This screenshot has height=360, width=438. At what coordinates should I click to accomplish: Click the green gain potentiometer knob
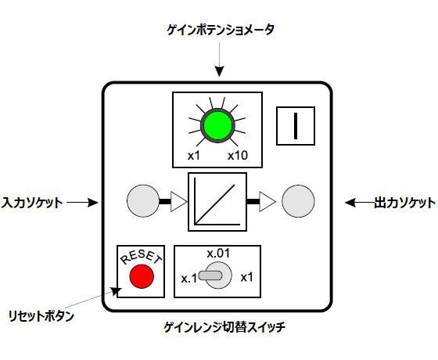coord(217,125)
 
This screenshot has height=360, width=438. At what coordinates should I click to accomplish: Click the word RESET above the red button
coord(141,257)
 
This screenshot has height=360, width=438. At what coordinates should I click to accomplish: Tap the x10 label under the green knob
coord(238,156)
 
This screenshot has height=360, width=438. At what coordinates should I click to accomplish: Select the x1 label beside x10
coord(194,156)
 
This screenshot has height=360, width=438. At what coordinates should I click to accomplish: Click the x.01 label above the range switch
coord(218,254)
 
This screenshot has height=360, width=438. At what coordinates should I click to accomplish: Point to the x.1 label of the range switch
coord(188,279)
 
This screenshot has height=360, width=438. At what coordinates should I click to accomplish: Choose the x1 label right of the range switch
coord(246,278)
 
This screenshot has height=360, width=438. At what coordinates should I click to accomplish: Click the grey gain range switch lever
coord(210,275)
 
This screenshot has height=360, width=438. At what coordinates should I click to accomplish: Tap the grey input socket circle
coord(143,201)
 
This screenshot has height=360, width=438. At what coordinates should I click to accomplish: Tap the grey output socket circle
coord(298,201)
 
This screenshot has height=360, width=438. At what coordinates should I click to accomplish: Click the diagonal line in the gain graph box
coord(215,204)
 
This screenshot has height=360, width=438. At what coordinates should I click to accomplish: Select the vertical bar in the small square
coord(296,126)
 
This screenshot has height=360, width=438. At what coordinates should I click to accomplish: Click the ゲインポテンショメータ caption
coord(221,30)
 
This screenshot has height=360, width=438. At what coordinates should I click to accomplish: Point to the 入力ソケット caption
coord(32,203)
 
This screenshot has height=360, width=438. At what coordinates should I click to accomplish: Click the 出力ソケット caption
coord(405,203)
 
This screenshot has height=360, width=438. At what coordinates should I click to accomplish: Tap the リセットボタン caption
coord(41,316)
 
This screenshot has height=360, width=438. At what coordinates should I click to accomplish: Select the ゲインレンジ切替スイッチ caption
coord(224,327)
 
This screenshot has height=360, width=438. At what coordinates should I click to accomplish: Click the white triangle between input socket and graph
coord(179,202)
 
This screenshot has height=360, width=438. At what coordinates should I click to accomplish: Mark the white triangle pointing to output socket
coord(267,201)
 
